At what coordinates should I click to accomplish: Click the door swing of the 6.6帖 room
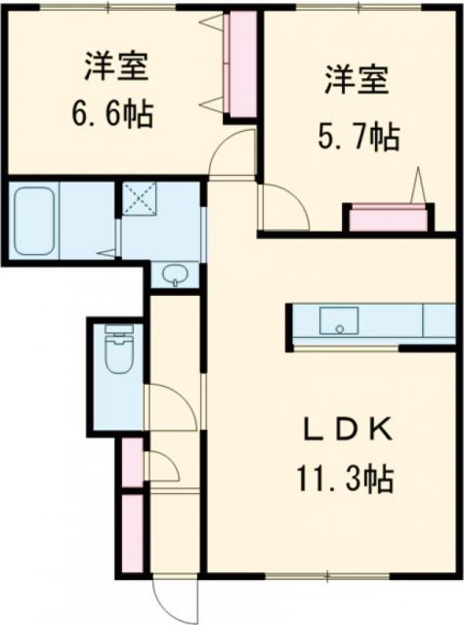(x=232, y=153)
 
